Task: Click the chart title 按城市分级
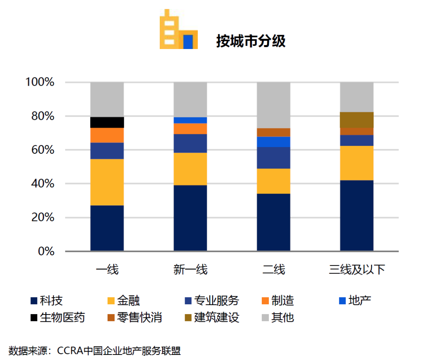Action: tap(251, 41)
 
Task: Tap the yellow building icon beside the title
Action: tap(178, 30)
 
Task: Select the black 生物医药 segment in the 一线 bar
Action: tap(107, 123)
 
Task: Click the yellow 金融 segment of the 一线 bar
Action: tap(107, 182)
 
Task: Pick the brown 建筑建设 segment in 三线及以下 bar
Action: tap(357, 120)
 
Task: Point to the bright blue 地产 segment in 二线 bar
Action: tap(274, 142)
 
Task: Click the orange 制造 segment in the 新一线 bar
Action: tap(190, 129)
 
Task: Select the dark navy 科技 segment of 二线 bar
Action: tap(274, 222)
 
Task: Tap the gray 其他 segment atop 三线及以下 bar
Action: tap(357, 97)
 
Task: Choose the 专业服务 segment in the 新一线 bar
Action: tap(190, 143)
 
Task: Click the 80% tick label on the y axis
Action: tap(40, 117)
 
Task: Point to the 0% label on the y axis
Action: tap(45, 251)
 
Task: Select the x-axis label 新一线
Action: tap(190, 270)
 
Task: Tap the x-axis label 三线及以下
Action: tap(357, 270)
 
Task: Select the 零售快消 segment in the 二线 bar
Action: tap(274, 132)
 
